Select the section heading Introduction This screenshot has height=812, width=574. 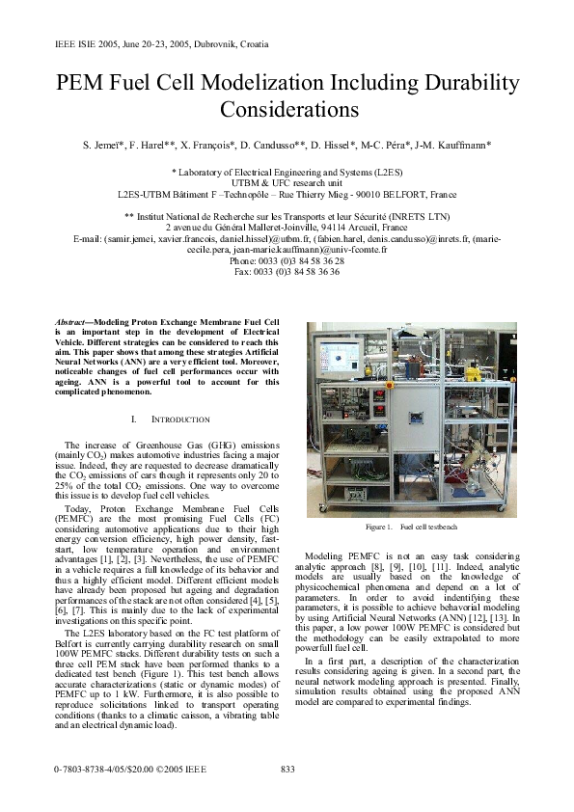183,420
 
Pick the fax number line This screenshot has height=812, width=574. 287,273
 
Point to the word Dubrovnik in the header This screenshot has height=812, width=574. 223,44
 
